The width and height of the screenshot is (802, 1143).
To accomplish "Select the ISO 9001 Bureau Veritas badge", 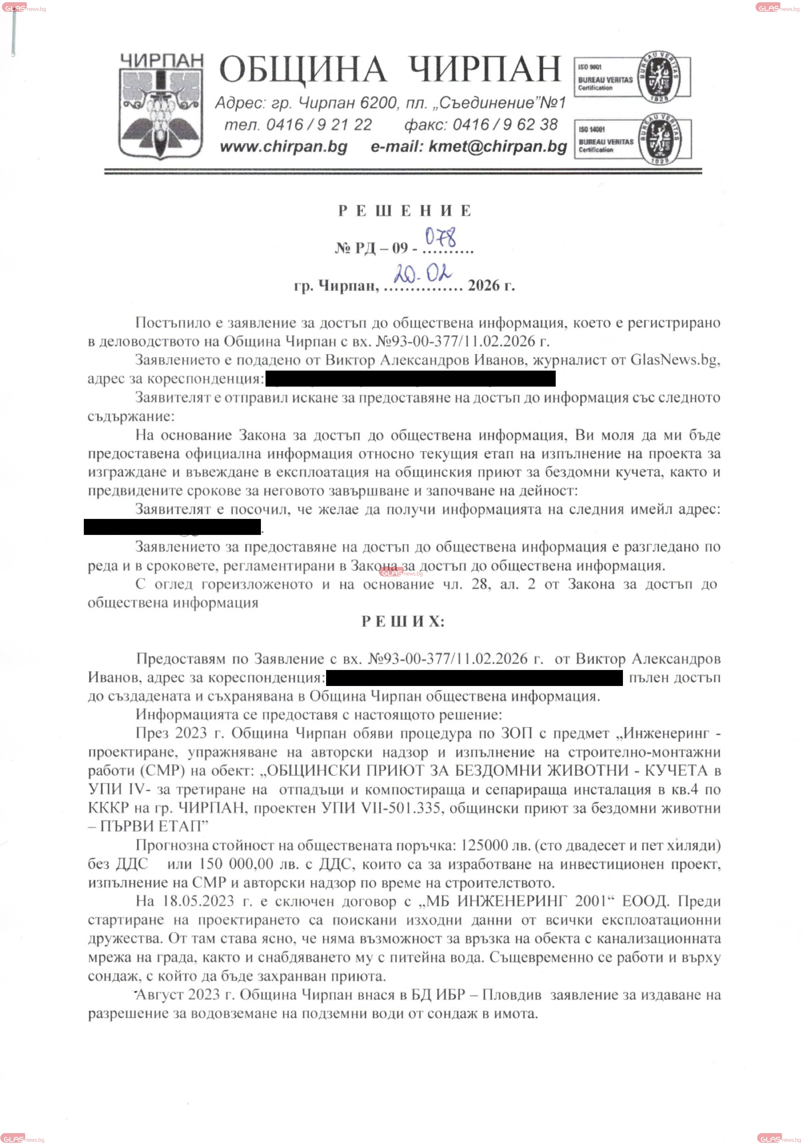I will (x=632, y=77).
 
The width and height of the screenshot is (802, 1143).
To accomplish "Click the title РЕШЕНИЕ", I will (x=404, y=211).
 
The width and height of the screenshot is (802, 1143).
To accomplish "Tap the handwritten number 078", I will (x=441, y=238).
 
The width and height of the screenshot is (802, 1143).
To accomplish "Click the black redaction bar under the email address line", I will (x=172, y=527).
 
